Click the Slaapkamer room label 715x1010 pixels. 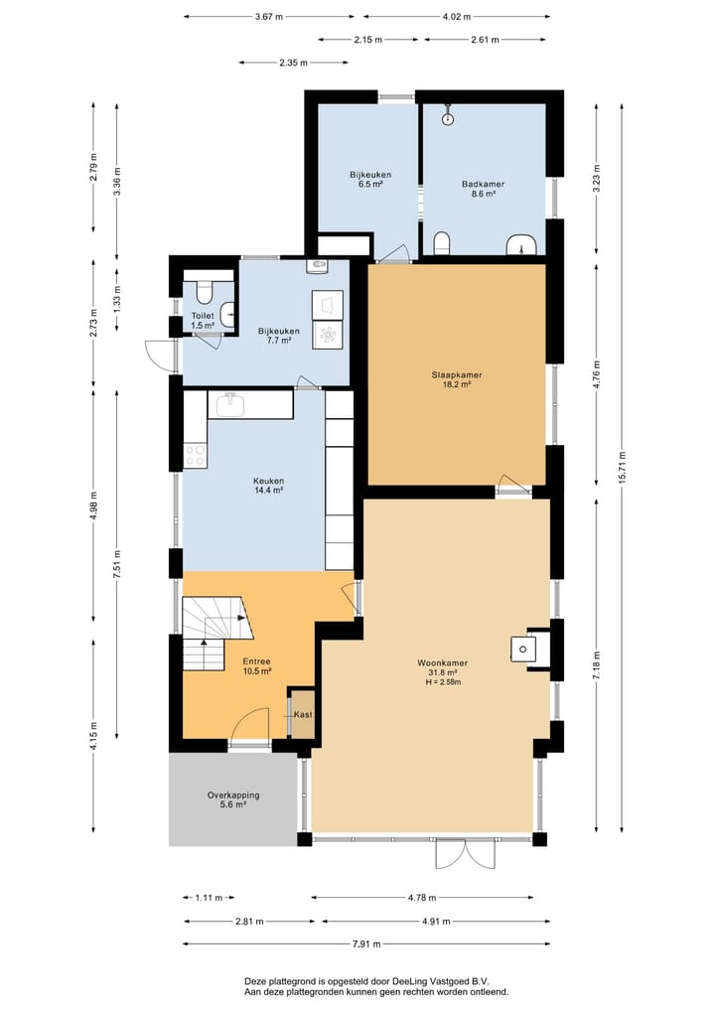pos(456,374)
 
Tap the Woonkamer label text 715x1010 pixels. pos(442,662)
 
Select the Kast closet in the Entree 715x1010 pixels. pos(303,714)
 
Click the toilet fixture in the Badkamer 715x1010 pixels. pos(442,242)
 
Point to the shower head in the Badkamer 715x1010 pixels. pos(448,117)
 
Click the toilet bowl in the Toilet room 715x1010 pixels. pos(204,293)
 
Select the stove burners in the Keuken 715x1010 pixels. pos(196,456)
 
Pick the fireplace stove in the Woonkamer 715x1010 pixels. pos(523,649)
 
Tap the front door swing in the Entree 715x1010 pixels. pos(250,724)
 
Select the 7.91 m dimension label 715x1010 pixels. pos(366,944)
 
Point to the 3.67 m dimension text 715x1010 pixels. pos(268,17)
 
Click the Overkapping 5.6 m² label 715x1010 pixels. pos(233,799)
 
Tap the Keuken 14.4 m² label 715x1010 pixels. pos(268,485)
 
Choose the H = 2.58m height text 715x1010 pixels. pos(443,682)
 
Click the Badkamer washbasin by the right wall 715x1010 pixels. pos(521,244)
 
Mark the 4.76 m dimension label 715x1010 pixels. pos(597,374)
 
